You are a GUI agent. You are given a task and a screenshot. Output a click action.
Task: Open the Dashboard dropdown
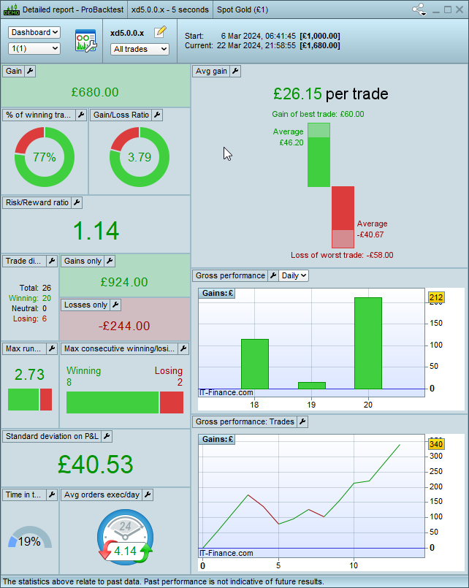pos(34,33)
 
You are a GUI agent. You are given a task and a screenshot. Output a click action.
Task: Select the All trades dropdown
pos(140,49)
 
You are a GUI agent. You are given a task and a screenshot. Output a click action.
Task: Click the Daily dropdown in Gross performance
pos(294,275)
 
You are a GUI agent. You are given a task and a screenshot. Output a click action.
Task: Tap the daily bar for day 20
pos(367,343)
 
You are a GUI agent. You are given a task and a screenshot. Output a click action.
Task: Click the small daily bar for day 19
pos(312,385)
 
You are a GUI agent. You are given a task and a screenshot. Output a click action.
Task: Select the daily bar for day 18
pos(255,364)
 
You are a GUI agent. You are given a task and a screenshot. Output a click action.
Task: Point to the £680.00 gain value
pos(95,92)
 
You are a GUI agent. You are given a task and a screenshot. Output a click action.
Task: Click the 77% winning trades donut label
pos(45,157)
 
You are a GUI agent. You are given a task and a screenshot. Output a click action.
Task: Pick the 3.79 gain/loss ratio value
pos(140,157)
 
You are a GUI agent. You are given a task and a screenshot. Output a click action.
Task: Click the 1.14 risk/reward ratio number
pos(96,231)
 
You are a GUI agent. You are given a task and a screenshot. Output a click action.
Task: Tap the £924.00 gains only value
pos(124,282)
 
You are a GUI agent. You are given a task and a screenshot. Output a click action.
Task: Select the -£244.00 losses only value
pos(124,326)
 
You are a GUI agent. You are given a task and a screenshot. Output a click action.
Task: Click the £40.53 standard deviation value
pos(96,465)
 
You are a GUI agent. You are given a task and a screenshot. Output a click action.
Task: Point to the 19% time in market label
pos(29,541)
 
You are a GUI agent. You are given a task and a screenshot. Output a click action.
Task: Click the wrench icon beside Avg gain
pos(235,71)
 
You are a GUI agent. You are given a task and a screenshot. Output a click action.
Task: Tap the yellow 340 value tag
pos(436,444)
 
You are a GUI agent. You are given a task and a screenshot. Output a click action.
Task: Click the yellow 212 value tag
pos(436,297)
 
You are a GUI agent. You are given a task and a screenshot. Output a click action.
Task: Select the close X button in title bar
pos(460,10)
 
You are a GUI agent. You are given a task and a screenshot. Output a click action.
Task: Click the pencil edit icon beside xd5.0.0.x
pos(161,32)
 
